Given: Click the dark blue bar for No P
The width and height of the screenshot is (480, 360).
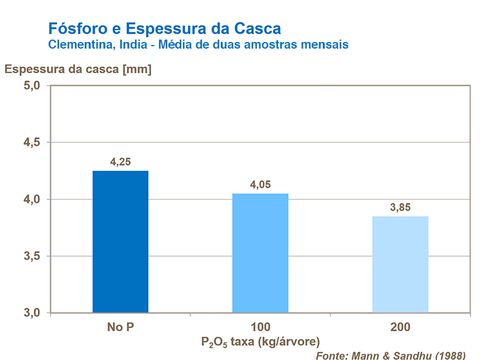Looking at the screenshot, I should (x=120, y=242).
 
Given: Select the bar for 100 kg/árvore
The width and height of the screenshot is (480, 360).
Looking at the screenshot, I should (x=260, y=253).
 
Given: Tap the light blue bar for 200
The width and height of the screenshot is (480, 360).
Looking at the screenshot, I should (x=400, y=265).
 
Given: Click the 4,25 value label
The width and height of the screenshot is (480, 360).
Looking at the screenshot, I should (x=120, y=161).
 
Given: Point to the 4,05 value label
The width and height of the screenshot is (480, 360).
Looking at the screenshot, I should (x=260, y=184).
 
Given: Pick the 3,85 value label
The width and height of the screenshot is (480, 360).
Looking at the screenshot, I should (x=400, y=207).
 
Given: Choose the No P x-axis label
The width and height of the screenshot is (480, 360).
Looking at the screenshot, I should (x=120, y=328).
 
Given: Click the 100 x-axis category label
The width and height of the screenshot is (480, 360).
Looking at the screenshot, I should (x=260, y=328).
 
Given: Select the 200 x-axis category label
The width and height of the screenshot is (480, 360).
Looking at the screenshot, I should (x=400, y=328).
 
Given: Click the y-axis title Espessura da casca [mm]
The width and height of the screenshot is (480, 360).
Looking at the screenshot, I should (x=78, y=68).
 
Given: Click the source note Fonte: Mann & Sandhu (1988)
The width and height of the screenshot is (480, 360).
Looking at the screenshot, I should (x=390, y=354).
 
